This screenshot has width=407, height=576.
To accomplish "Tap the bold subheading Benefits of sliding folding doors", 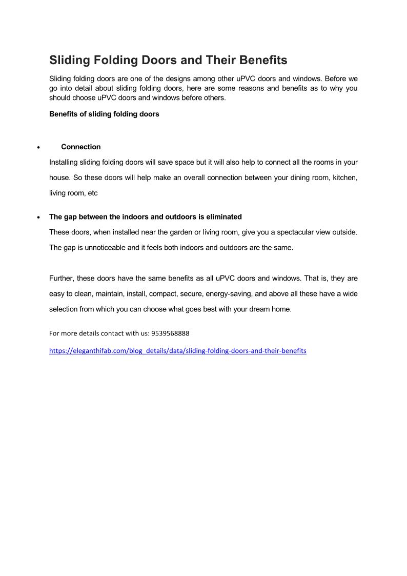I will (104, 114).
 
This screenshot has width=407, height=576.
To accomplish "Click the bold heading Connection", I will (81, 147).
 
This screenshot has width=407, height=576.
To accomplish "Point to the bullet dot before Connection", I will (38, 147).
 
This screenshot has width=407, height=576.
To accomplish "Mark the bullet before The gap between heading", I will (38, 217).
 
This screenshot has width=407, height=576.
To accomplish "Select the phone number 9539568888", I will (171, 333).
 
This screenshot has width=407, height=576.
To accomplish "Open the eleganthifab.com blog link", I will (177, 351).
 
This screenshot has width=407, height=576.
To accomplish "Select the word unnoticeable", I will (96, 247).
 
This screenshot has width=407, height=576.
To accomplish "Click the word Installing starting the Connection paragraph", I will (64, 162).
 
